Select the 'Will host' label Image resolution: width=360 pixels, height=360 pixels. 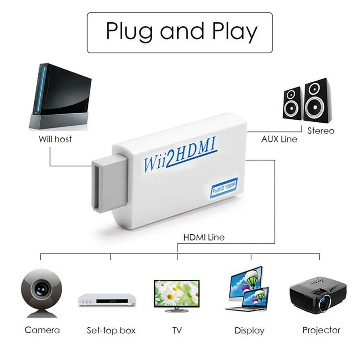tap(55, 139)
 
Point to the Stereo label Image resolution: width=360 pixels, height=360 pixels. tap(321, 131)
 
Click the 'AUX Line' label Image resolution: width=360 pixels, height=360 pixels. tap(279, 139)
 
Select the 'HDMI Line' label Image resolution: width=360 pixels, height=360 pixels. tap(204, 237)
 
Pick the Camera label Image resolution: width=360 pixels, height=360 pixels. tap(42, 330)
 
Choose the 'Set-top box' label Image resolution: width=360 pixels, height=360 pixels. tap(111, 330)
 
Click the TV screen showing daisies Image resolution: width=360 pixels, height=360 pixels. tap(176, 292)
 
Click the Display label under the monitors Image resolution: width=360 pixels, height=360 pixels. tap(249, 330)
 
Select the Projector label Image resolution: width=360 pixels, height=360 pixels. tap(321, 330)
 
